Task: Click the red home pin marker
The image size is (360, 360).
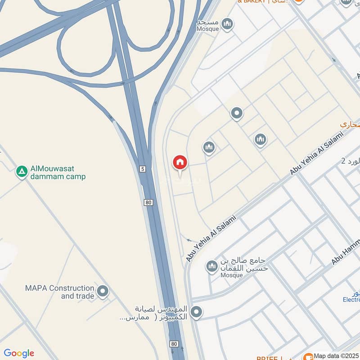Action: (x=180, y=163)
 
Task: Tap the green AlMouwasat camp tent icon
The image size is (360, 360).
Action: (x=21, y=171)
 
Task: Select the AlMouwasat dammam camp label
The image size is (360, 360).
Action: (x=58, y=173)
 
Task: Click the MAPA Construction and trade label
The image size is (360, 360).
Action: (x=59, y=292)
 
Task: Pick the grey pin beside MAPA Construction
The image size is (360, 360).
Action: (x=103, y=292)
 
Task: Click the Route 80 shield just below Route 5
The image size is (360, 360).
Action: (x=148, y=202)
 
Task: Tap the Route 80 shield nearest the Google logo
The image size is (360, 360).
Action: (x=174, y=344)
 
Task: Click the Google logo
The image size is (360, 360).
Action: (x=18, y=353)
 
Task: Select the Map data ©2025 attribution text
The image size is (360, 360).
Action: (x=336, y=355)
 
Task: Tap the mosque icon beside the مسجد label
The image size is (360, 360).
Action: (x=228, y=23)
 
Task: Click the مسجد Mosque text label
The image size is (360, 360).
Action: (x=208, y=26)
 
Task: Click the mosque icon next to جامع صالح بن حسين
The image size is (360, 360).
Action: (x=211, y=267)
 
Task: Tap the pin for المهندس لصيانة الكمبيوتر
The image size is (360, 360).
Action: (x=196, y=312)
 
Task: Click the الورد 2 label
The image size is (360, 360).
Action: (x=350, y=161)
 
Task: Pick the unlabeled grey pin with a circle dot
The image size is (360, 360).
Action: (x=237, y=113)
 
